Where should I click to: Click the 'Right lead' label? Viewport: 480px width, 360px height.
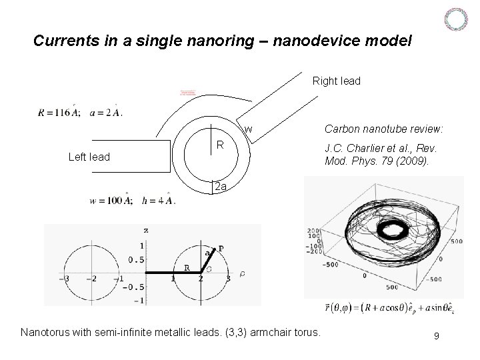point(336,81)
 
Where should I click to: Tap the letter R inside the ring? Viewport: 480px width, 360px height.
point(219,144)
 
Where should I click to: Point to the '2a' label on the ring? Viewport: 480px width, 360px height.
point(221,187)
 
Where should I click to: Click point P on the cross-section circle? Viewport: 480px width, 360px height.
point(220,248)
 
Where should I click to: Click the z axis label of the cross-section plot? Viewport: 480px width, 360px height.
point(145,230)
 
